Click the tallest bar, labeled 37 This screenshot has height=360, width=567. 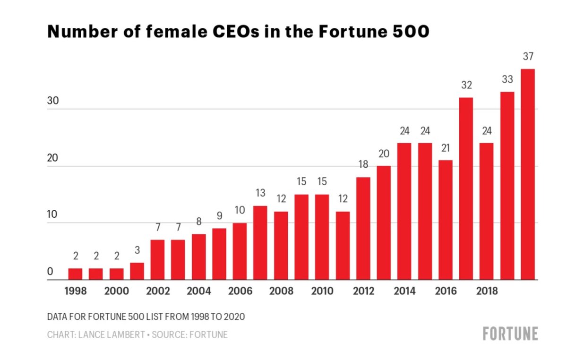[x=528, y=174]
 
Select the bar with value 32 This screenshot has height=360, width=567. [x=466, y=189]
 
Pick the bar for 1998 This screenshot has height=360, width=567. [x=75, y=274]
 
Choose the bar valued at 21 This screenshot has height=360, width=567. [x=445, y=220]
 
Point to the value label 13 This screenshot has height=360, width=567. [x=260, y=194]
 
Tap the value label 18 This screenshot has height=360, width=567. [x=363, y=165]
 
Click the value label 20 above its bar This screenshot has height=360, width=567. [x=384, y=154]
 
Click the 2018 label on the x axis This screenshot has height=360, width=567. [x=487, y=291]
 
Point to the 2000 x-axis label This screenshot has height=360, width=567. [x=116, y=291]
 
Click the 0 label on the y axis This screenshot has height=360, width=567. [x=50, y=272]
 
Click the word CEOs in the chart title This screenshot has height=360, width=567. [x=228, y=31]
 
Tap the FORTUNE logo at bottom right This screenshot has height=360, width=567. [x=510, y=334]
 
